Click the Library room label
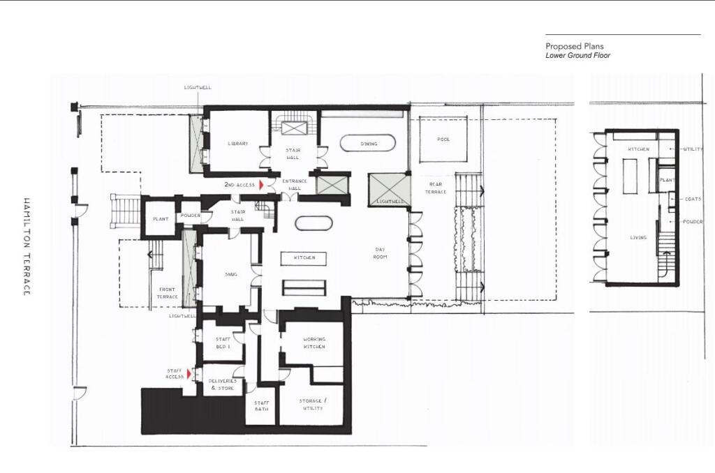click(237, 144)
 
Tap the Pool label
click(443, 140)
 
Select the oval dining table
click(368, 144)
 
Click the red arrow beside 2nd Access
click(261, 185)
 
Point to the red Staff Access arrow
click(189, 375)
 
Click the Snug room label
click(230, 274)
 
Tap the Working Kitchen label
click(314, 343)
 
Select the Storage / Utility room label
click(312, 404)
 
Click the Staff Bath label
click(261, 406)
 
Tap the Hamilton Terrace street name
click(27, 246)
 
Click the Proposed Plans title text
click(575, 46)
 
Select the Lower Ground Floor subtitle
click(578, 55)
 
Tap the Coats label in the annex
click(693, 199)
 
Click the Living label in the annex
click(638, 237)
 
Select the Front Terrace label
click(168, 292)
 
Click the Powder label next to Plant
click(190, 216)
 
